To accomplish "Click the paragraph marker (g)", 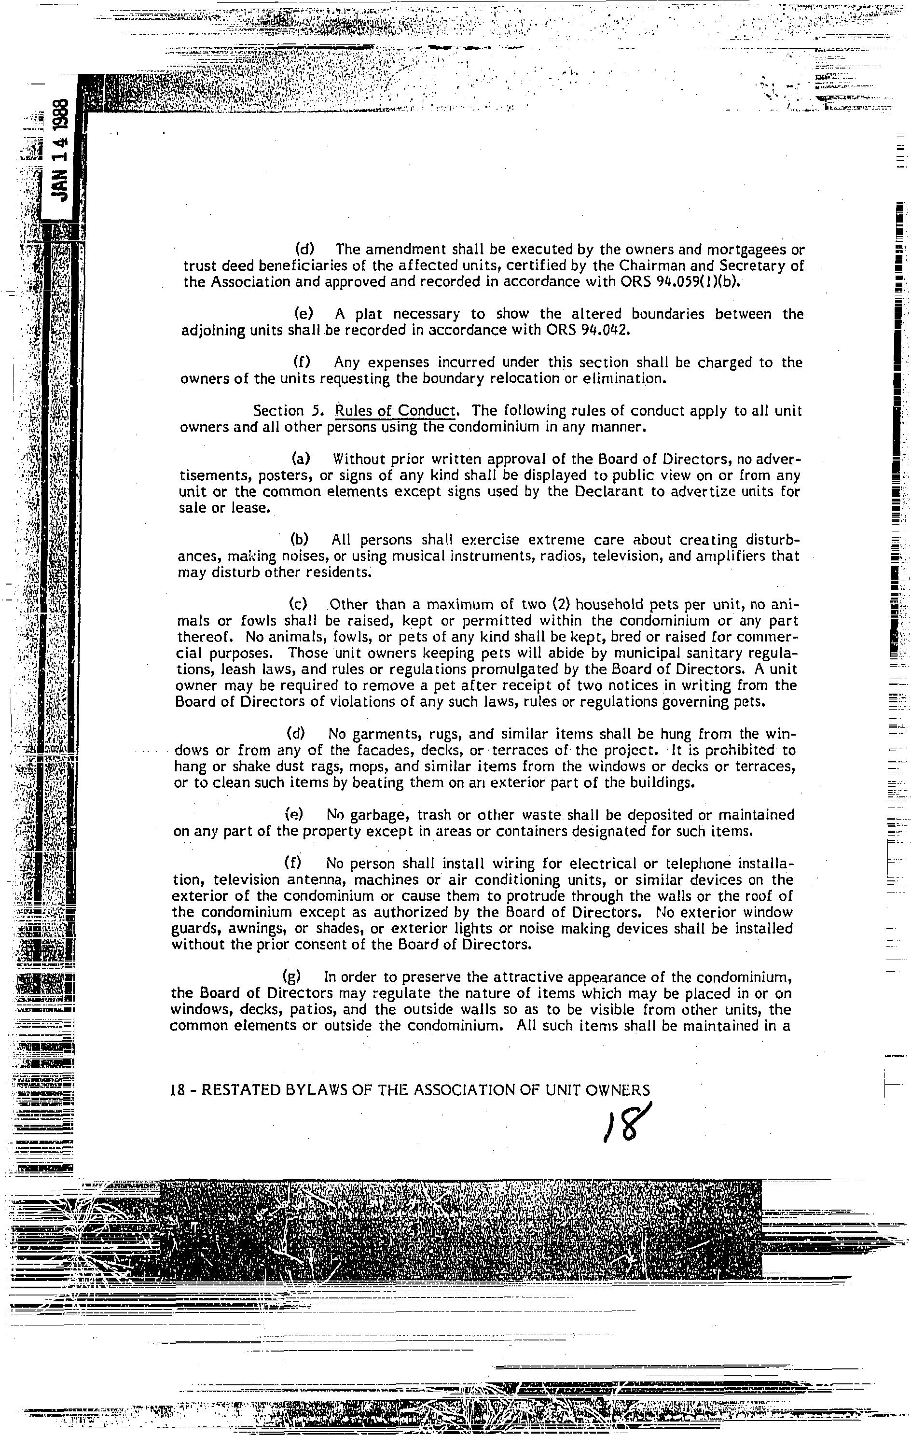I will pos(292,977).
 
